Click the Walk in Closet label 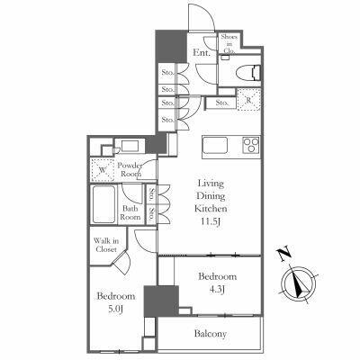click(x=106, y=246)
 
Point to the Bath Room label click(x=131, y=213)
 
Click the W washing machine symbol click(x=102, y=167)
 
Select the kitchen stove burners click(x=247, y=146)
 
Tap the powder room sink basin click(x=126, y=146)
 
